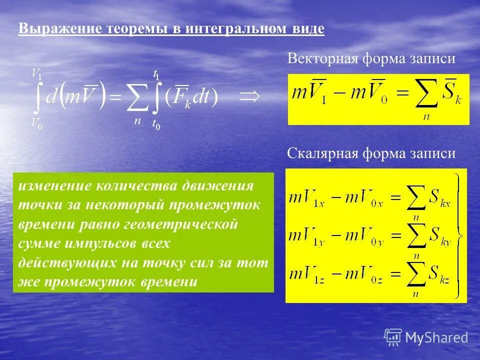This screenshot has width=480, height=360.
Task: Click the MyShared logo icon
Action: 393,337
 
